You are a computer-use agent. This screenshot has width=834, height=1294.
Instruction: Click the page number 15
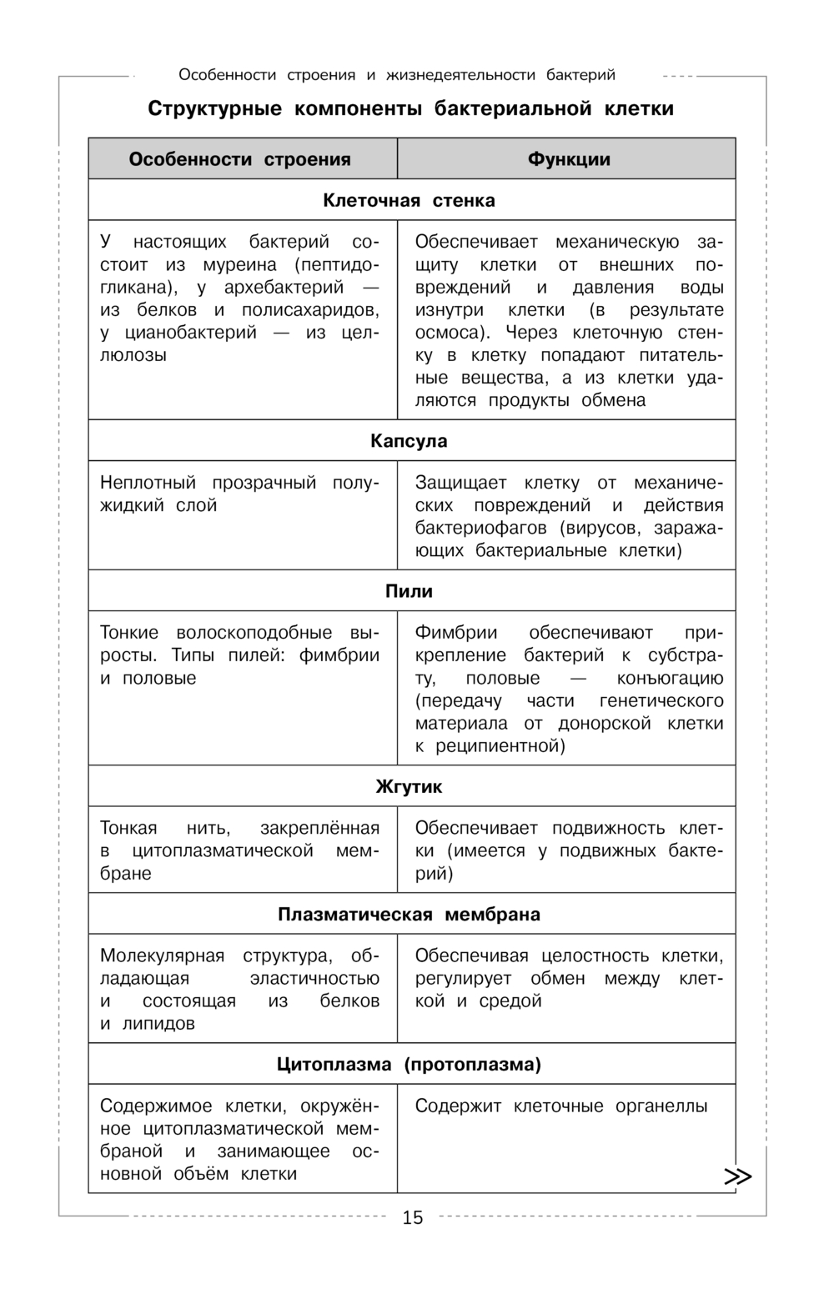pyautogui.click(x=413, y=1218)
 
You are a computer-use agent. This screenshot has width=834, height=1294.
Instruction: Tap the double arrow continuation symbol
pyautogui.click(x=737, y=1176)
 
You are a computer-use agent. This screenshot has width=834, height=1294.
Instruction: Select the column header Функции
pyautogui.click(x=569, y=159)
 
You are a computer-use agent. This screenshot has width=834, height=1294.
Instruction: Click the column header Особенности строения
pyautogui.click(x=239, y=159)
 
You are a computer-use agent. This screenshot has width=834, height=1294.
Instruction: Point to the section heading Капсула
pyautogui.click(x=409, y=441)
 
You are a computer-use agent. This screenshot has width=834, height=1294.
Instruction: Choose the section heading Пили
pyautogui.click(x=409, y=591)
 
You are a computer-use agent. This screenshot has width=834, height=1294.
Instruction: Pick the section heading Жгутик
pyautogui.click(x=409, y=786)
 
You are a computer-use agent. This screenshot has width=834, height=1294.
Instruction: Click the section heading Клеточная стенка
pyautogui.click(x=409, y=200)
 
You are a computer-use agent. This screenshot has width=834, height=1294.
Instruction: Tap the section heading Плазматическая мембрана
pyautogui.click(x=409, y=915)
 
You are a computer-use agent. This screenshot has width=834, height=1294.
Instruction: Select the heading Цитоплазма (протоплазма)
pyautogui.click(x=409, y=1065)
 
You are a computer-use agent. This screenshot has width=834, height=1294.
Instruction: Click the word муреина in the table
pyautogui.click(x=239, y=265)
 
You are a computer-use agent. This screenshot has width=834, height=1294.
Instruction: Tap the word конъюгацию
pyautogui.click(x=671, y=678)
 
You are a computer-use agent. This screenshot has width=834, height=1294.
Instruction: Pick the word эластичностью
pyautogui.click(x=314, y=978)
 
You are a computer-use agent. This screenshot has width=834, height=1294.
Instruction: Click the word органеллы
pyautogui.click(x=661, y=1106)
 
